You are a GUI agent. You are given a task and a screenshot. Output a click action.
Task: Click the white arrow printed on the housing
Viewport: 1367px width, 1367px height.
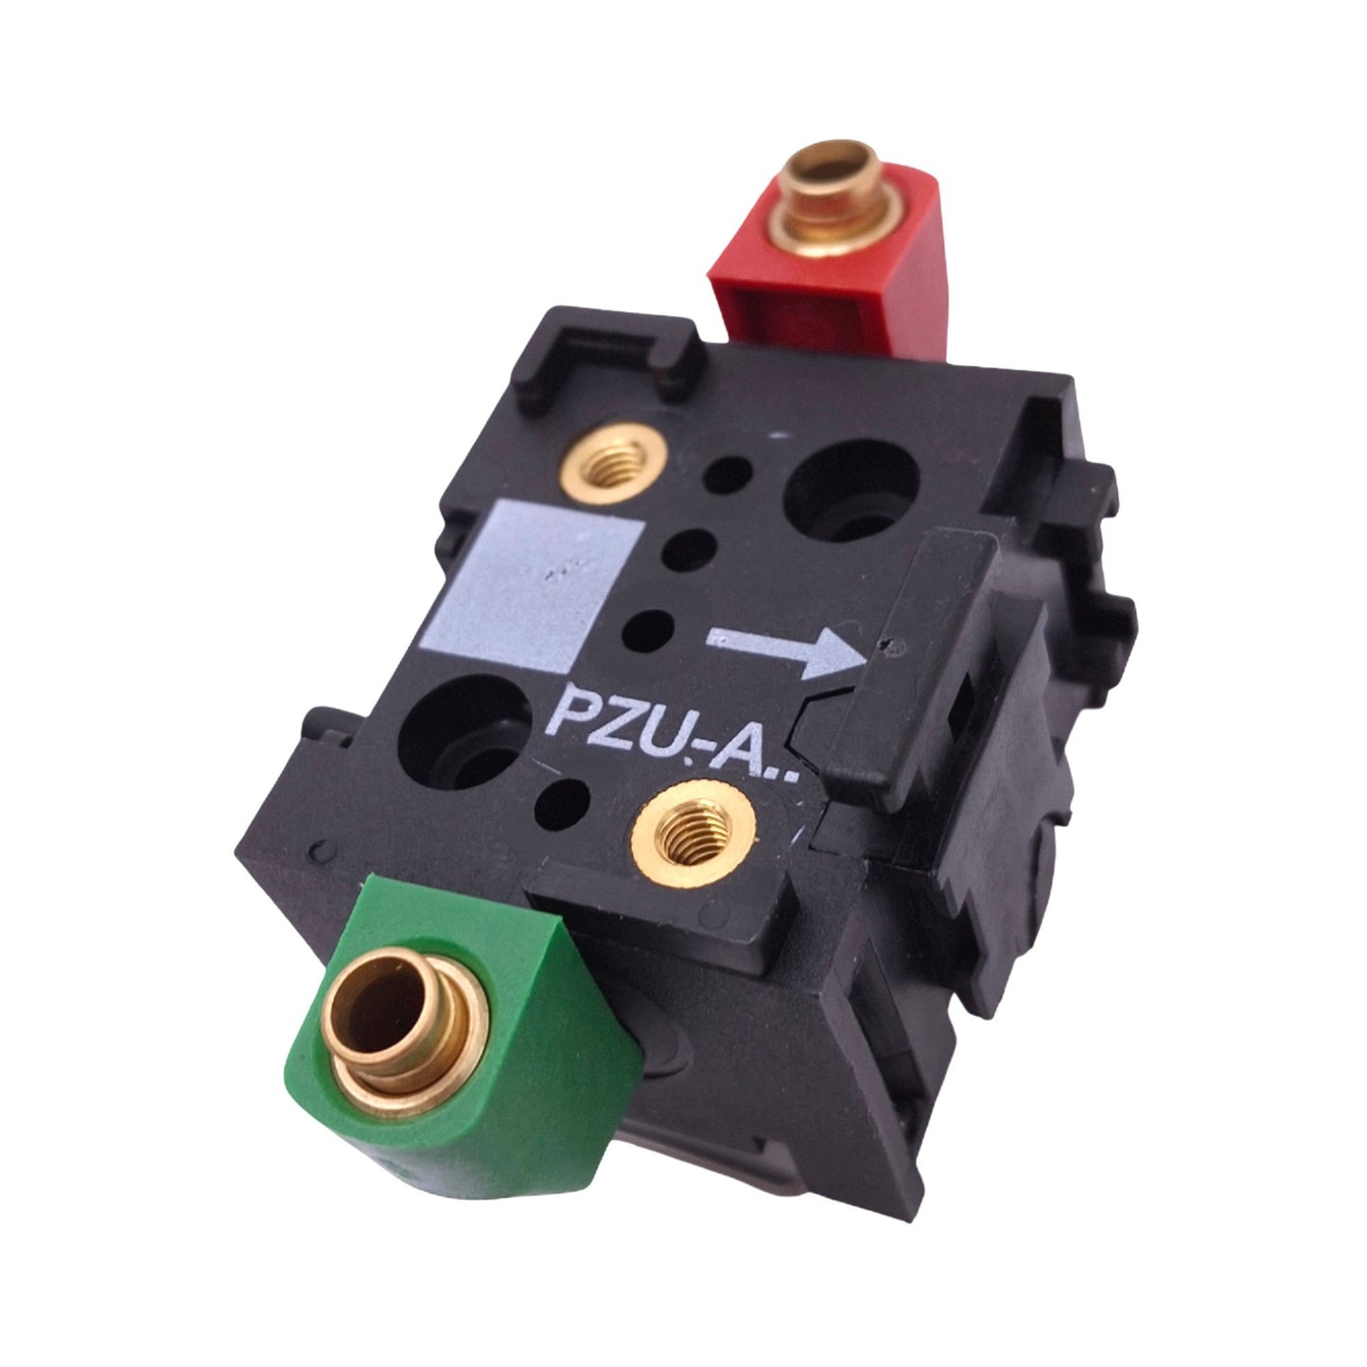pos(785,650)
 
